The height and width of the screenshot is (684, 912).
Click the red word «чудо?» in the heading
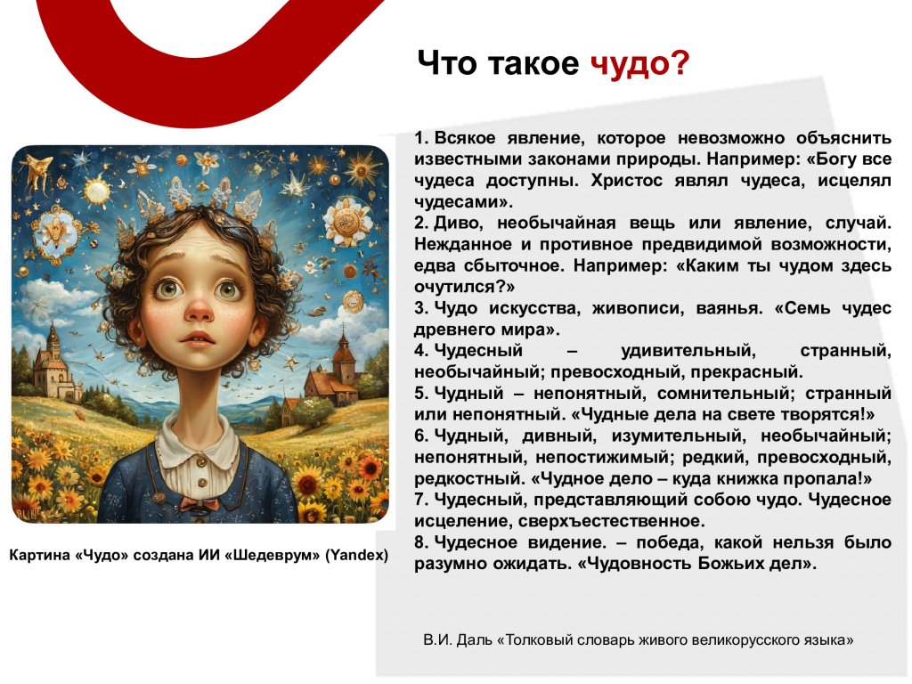point(639,64)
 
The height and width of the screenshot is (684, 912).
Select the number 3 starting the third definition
point(420,307)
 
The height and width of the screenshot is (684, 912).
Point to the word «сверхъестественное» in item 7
point(611,521)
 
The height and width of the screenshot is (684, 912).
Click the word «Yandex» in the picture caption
point(356,555)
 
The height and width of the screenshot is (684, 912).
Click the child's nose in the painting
point(199,309)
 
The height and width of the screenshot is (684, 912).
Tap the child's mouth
point(198,339)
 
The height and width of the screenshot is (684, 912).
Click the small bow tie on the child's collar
point(199,502)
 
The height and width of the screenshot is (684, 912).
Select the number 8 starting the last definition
point(420,542)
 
